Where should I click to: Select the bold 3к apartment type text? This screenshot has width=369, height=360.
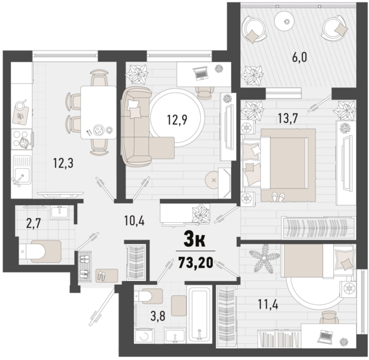[x=195, y=242]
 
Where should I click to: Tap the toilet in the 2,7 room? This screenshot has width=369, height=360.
[x=40, y=250]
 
